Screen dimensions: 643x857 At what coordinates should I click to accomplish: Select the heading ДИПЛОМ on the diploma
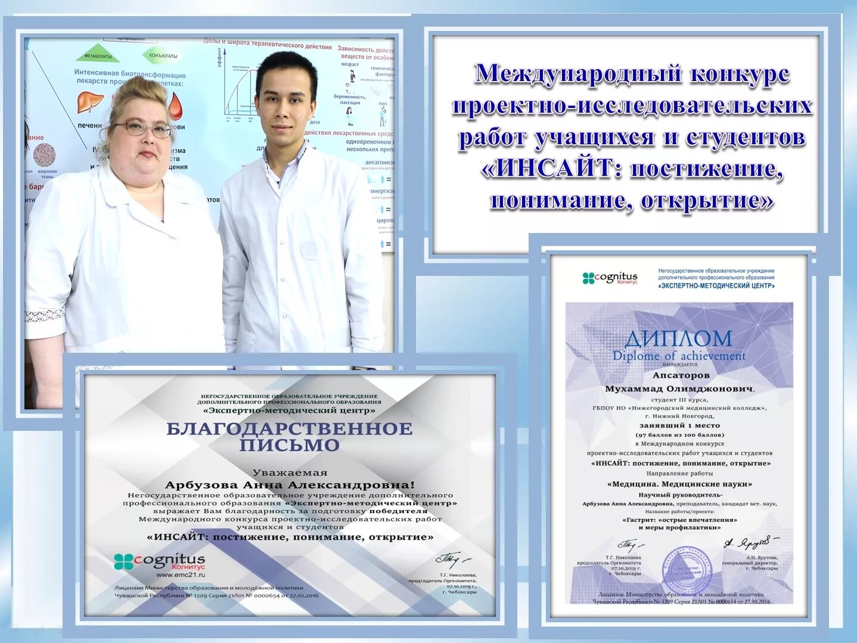pyautogui.click(x=679, y=339)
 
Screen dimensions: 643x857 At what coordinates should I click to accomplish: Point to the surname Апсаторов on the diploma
pyautogui.click(x=681, y=375)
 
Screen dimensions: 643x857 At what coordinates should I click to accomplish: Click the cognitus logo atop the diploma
pyautogui.click(x=610, y=278)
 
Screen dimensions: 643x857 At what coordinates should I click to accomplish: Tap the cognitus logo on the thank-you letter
pyautogui.click(x=160, y=561)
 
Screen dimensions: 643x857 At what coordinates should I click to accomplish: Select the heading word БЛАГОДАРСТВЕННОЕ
pyautogui.click(x=289, y=428)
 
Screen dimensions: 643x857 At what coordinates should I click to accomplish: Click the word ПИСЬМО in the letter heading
pyautogui.click(x=289, y=445)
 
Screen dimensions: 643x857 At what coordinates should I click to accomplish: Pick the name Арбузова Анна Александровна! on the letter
pyautogui.click(x=290, y=485)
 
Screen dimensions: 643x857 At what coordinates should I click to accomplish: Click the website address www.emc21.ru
pyautogui.click(x=181, y=575)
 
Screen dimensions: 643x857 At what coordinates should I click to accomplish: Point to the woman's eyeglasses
pyautogui.click(x=143, y=128)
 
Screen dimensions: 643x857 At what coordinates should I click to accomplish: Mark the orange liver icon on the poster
pyautogui.click(x=90, y=102)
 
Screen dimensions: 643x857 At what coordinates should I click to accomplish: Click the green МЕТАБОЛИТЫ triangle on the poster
pyautogui.click(x=98, y=55)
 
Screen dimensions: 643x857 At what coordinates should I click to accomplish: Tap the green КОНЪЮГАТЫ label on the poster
pyautogui.click(x=163, y=55)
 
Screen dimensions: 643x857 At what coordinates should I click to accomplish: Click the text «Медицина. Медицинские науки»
pyautogui.click(x=679, y=484)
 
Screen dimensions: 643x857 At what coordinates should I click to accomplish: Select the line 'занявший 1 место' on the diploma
pyautogui.click(x=679, y=425)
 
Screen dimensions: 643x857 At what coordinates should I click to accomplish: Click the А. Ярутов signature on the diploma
pyautogui.click(x=749, y=542)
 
